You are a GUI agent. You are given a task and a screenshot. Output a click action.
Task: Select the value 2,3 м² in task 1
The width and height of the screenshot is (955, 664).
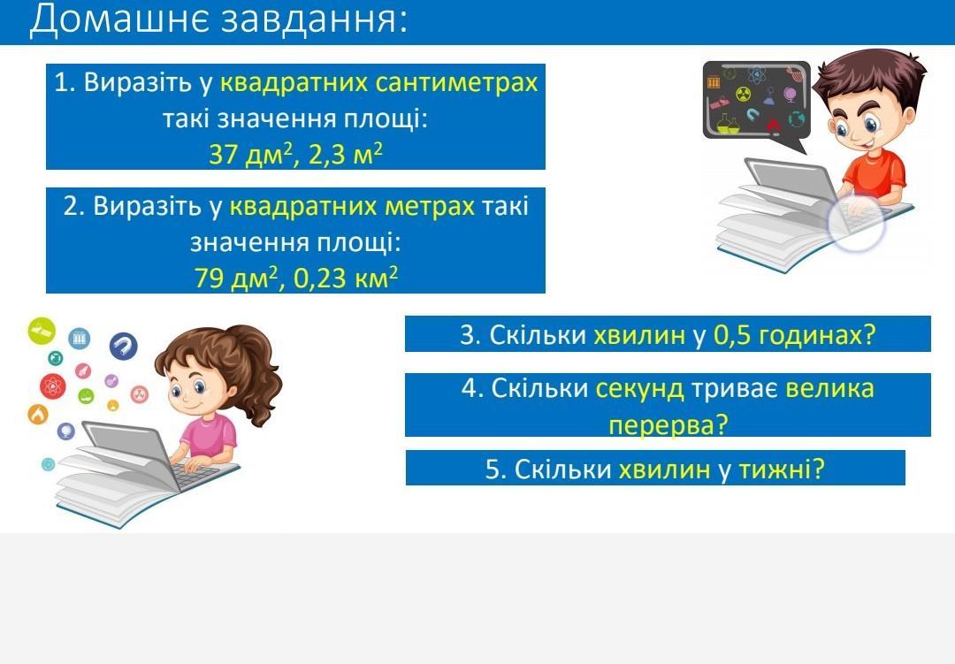pos(346,154)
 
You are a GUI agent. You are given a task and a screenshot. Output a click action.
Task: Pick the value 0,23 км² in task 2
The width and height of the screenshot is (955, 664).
pos(346,278)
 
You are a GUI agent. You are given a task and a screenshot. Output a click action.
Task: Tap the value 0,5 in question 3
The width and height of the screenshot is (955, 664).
pos(731,334)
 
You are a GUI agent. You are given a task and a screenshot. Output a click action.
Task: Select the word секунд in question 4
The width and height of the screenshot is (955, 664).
pos(639,389)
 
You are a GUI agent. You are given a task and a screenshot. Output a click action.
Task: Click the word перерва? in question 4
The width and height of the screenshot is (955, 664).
pos(668,424)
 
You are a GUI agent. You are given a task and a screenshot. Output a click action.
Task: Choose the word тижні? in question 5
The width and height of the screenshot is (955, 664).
pos(782,469)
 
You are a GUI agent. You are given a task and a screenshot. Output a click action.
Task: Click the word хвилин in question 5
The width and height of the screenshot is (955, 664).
pos(664,469)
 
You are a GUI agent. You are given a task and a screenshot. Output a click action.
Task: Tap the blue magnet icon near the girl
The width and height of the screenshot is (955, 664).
pos(123,347)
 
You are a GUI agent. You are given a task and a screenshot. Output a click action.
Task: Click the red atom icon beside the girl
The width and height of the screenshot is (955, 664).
pos(53,385)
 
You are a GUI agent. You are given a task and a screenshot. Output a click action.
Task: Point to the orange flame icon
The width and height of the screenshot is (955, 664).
pos(38,415)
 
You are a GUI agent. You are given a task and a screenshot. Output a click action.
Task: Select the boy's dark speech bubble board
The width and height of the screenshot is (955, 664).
pos(756,101)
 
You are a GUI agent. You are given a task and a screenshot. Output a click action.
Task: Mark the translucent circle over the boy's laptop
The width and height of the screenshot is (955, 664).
pos(856,224)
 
